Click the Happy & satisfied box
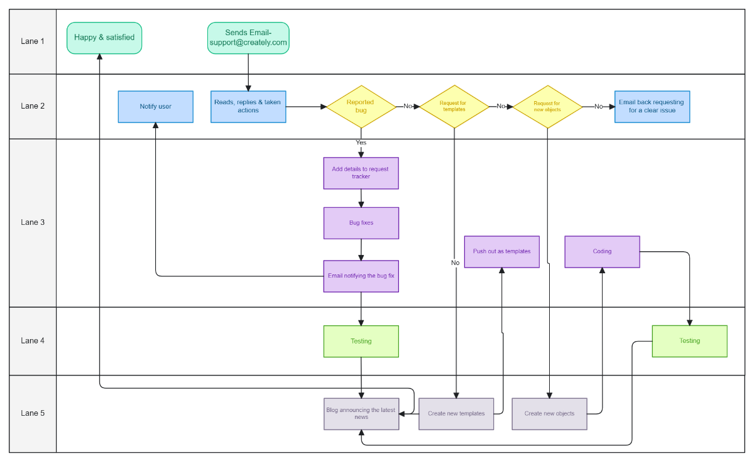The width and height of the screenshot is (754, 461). click(104, 38)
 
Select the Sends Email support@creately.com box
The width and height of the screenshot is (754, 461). click(248, 38)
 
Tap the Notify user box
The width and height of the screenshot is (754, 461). click(155, 107)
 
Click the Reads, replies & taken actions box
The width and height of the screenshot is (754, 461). click(248, 107)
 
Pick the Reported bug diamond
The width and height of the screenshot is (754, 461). click(361, 107)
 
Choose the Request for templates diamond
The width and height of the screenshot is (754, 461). click(454, 107)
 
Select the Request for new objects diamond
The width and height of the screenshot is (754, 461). click(547, 107)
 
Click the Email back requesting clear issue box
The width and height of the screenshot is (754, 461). click(652, 107)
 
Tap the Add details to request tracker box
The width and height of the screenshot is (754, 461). click(361, 173)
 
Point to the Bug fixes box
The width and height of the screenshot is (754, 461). click(361, 223)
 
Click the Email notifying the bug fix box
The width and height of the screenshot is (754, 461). click(361, 276)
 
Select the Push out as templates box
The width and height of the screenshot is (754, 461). click(501, 252)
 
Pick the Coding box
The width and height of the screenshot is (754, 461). click(602, 252)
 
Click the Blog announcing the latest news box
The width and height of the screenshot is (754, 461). click(361, 414)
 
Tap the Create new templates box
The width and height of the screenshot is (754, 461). click(456, 414)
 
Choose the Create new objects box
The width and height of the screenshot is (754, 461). click(549, 414)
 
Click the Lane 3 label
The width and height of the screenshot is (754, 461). click(33, 222)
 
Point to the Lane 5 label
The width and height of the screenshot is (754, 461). click(33, 413)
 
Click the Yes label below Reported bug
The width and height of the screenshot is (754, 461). click(361, 143)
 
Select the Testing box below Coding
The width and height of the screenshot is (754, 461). click(689, 341)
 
